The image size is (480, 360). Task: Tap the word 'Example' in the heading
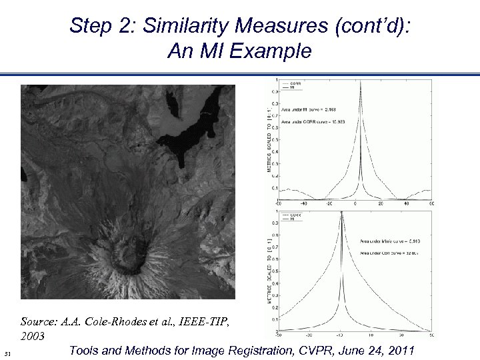[x=274, y=50]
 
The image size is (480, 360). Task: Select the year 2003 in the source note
[x=33, y=336]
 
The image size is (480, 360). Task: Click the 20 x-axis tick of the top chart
[x=381, y=204]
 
